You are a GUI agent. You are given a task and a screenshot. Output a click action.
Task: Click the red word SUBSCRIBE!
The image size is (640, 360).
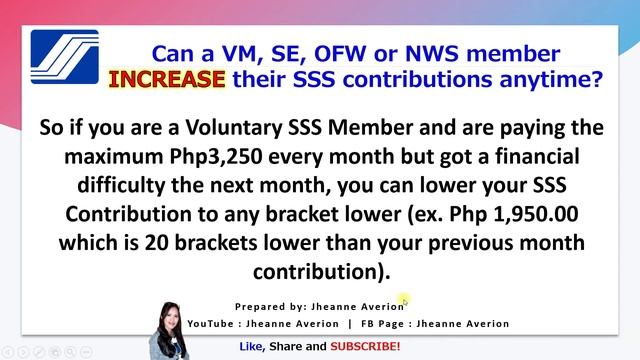click(366, 346)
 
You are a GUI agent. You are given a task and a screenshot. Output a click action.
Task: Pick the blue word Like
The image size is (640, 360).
click(252, 346)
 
